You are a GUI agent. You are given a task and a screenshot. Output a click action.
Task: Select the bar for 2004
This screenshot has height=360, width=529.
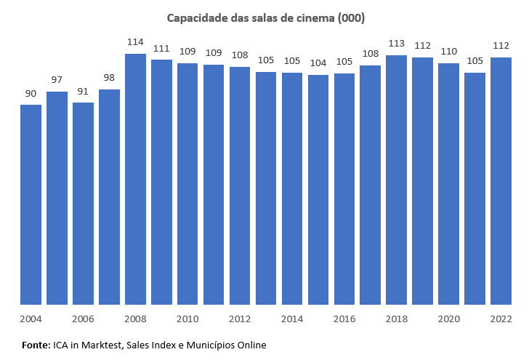(31, 204)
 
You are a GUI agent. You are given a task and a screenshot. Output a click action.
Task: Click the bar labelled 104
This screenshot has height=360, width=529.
(318, 189)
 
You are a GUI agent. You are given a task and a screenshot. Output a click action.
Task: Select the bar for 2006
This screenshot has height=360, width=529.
(83, 204)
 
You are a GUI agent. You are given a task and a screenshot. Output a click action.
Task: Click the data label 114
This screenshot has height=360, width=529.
(135, 42)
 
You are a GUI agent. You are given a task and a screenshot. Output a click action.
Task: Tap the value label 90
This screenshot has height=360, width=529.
(31, 93)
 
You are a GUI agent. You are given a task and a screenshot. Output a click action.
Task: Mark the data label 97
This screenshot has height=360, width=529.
(57, 80)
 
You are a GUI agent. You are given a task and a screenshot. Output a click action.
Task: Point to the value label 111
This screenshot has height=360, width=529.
(161, 48)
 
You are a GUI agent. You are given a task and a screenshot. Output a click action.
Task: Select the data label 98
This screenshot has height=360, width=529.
(109, 78)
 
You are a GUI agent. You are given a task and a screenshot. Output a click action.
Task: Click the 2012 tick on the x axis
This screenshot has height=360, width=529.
(240, 319)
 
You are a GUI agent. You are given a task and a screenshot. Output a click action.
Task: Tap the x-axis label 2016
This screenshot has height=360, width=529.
(344, 319)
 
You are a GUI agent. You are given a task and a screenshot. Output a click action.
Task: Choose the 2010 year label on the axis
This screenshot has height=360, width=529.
(187, 319)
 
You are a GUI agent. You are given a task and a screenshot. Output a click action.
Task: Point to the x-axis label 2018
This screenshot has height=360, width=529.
(397, 319)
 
